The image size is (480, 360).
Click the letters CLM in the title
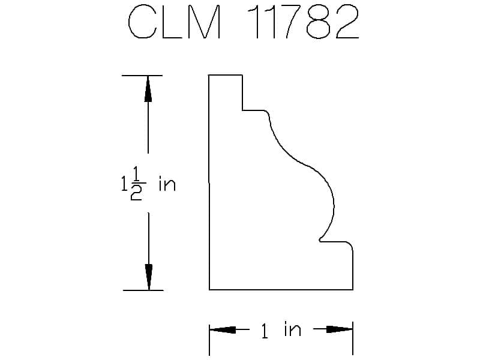point(174,22)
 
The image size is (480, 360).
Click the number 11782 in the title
point(303,22)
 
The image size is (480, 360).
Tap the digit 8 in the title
point(319,22)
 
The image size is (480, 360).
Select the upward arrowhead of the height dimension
point(148,89)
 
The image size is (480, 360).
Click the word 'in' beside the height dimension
point(167,185)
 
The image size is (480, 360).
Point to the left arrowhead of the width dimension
point(223,329)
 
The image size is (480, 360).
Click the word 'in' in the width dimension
point(292,329)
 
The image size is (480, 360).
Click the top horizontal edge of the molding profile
point(226,75)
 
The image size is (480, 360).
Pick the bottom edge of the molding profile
point(281,289)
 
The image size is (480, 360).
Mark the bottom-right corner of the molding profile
point(353,289)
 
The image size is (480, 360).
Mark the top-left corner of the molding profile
point(209,75)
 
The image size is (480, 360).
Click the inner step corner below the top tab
point(242,110)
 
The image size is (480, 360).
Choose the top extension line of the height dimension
point(142,76)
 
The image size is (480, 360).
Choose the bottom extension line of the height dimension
point(143,290)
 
